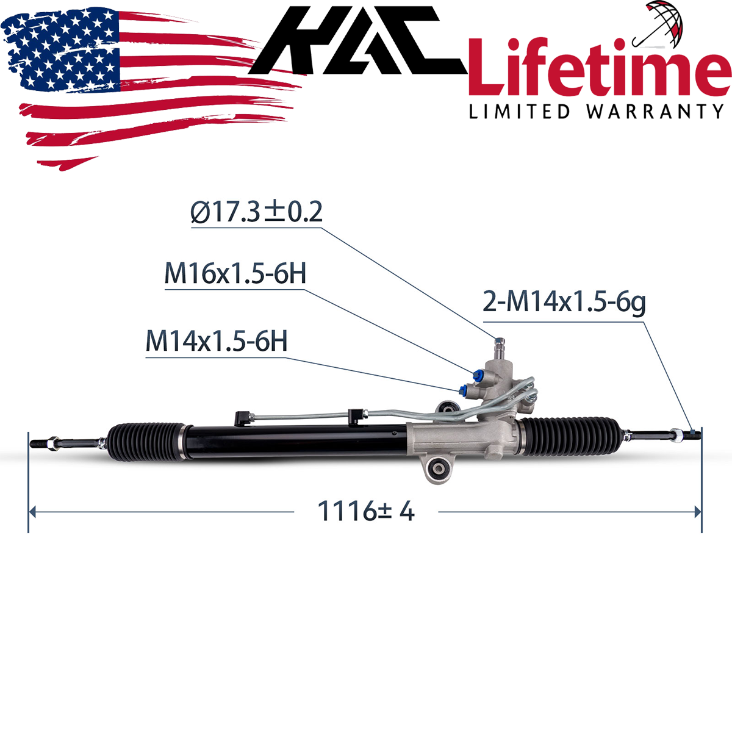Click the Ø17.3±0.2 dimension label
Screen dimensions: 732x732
click(256, 212)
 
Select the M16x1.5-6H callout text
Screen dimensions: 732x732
click(235, 274)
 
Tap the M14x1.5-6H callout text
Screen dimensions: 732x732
click(216, 341)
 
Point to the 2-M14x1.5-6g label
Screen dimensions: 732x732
click(564, 301)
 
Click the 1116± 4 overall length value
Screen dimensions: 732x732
click(366, 511)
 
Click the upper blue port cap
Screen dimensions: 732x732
click(476, 373)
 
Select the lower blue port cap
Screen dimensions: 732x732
click(463, 389)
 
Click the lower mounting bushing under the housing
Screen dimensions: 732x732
click(439, 470)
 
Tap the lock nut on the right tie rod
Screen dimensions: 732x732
click(676, 435)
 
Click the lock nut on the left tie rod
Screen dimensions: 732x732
click(54, 441)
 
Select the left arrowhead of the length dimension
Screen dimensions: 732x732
click(34, 512)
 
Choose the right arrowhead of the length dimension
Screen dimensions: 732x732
click(697, 512)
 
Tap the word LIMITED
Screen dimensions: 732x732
click(519, 112)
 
